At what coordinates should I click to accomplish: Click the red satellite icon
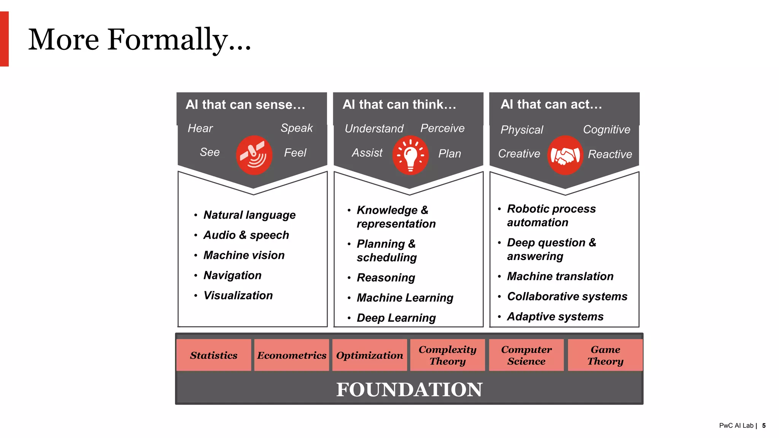(x=254, y=155)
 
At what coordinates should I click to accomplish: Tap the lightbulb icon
(x=410, y=155)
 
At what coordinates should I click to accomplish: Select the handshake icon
(x=565, y=155)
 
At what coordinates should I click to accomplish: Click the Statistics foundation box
(x=214, y=355)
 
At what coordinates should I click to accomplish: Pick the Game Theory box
(x=605, y=355)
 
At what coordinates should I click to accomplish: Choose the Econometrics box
(x=292, y=355)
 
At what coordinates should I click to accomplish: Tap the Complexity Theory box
(x=448, y=355)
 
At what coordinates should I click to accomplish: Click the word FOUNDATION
(x=409, y=390)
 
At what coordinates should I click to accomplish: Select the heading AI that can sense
(x=245, y=105)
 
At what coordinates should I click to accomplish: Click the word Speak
(x=297, y=128)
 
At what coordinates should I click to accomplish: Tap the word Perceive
(x=442, y=128)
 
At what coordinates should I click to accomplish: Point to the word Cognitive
(x=607, y=130)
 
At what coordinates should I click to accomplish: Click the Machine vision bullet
(x=244, y=255)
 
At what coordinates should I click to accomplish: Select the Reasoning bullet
(x=386, y=278)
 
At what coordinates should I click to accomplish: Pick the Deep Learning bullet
(x=396, y=318)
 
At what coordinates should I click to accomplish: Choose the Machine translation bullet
(x=560, y=276)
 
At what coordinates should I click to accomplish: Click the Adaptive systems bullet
(x=555, y=317)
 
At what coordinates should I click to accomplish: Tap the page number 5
(x=764, y=426)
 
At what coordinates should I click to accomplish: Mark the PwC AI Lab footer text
(x=736, y=426)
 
